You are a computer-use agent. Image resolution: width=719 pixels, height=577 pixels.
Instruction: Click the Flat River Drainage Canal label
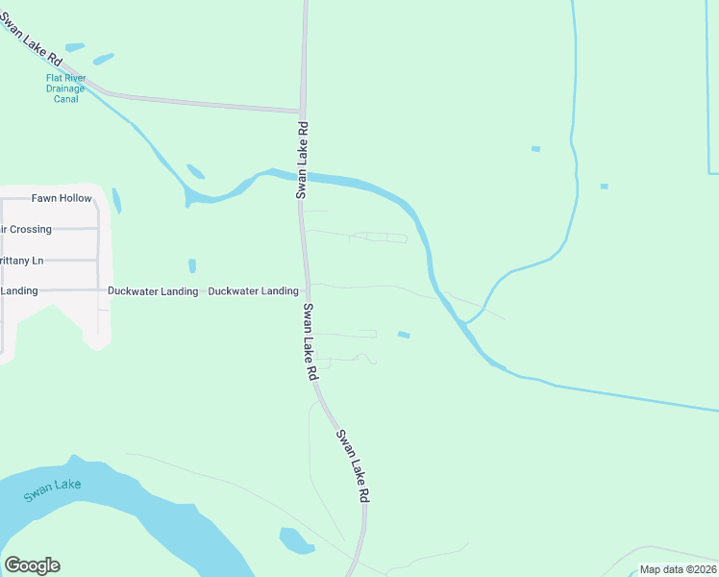pyautogui.click(x=66, y=88)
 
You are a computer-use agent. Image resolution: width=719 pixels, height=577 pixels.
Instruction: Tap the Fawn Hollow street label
pyautogui.click(x=62, y=198)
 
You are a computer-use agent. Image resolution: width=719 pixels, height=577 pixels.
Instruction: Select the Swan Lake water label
pyautogui.click(x=53, y=489)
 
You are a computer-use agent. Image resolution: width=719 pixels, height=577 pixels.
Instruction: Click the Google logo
pyautogui.click(x=32, y=565)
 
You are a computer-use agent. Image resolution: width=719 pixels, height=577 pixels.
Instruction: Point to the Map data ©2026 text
pyautogui.click(x=678, y=569)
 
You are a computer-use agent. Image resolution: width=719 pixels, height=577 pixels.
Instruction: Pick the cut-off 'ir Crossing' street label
pyautogui.click(x=26, y=229)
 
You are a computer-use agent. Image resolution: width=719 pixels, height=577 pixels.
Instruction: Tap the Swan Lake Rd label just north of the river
pyautogui.click(x=302, y=160)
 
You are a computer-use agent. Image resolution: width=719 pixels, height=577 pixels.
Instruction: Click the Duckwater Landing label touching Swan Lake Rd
pyautogui.click(x=253, y=290)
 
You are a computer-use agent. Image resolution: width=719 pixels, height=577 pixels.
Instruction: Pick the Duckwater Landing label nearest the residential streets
pyautogui.click(x=153, y=290)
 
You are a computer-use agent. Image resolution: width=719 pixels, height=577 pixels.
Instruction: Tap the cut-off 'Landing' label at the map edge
pyautogui.click(x=19, y=290)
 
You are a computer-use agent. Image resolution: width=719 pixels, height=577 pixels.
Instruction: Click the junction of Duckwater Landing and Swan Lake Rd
pyautogui.click(x=307, y=290)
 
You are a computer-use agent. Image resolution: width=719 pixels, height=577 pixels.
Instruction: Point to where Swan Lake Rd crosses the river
pyautogui.click(x=303, y=176)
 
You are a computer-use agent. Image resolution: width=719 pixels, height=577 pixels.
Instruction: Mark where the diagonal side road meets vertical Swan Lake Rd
pyautogui.click(x=302, y=111)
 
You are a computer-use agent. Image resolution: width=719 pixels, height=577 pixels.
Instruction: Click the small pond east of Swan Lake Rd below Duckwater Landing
pyautogui.click(x=404, y=335)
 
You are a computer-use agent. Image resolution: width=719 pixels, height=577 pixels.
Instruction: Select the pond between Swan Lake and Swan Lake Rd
pyautogui.click(x=296, y=540)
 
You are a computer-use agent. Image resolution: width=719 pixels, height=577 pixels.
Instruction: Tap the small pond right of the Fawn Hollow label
pyautogui.click(x=116, y=200)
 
